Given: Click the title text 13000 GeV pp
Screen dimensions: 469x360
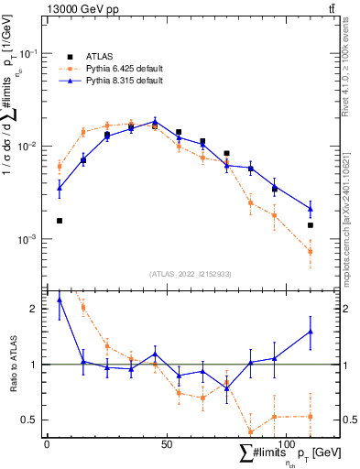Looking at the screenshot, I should coord(78,8).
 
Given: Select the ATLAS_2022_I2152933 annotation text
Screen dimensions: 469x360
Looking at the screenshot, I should coord(190,274).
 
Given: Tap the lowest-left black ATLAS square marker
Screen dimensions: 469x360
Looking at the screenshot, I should coord(60,221).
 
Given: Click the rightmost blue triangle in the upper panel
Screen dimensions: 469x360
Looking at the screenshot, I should coord(311,209).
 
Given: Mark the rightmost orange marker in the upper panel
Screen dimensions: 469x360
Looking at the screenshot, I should coord(311,251).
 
